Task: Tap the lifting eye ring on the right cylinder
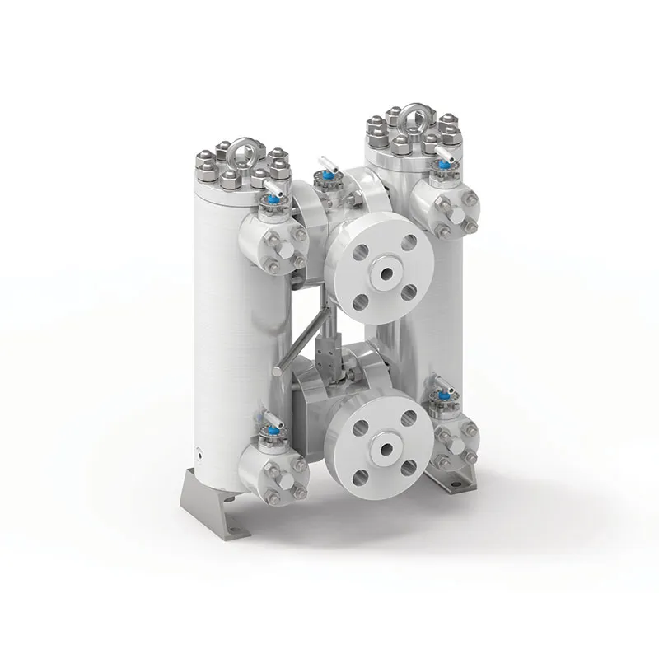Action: tap(412, 117)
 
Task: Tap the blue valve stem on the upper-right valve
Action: tap(445, 165)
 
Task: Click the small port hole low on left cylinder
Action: tap(199, 449)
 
